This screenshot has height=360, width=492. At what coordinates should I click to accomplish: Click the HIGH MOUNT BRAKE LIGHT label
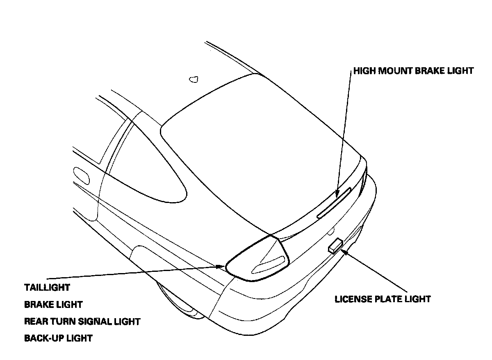(x=413, y=71)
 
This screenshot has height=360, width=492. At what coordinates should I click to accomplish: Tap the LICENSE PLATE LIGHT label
(x=383, y=299)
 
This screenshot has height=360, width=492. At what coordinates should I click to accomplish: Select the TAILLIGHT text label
(x=47, y=287)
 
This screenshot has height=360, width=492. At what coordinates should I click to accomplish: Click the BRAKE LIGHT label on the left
(x=53, y=305)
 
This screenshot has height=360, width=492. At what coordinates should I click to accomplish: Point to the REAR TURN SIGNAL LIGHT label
(x=82, y=321)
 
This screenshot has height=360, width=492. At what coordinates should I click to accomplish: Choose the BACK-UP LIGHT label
(x=58, y=338)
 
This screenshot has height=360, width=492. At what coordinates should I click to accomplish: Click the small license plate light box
(x=335, y=246)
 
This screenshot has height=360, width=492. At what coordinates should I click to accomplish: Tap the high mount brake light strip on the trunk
(x=334, y=203)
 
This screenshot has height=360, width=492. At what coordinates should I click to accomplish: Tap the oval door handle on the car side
(x=82, y=175)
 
